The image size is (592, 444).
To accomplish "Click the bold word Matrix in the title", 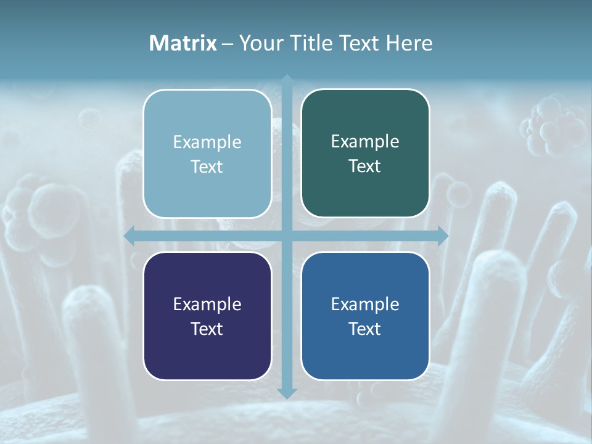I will tap(183, 43).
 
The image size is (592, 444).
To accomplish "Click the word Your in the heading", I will tap(260, 43).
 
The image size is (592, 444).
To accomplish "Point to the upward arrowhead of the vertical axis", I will tap(287, 80).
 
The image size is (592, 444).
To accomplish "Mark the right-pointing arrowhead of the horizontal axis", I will tap(442, 236).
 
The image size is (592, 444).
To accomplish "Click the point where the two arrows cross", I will tap(287, 236).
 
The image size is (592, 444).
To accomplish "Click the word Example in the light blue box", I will tap(207, 142).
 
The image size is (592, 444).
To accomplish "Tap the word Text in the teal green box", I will tap(365, 166).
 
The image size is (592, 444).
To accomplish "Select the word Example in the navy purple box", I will tap(207, 305).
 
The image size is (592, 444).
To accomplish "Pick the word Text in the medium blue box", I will tap(365, 329).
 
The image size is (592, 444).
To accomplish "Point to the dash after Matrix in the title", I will tap(228, 44).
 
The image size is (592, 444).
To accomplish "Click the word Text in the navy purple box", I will tap(207, 329).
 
